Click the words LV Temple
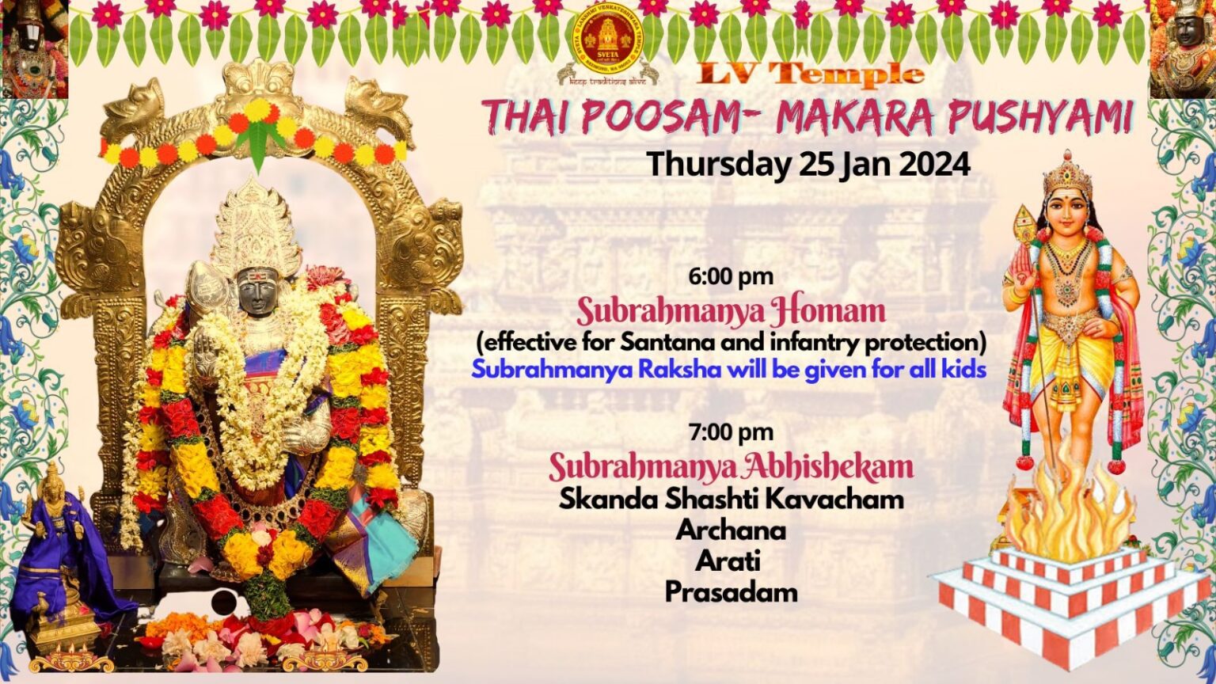click(811, 75)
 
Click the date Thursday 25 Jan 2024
click(808, 164)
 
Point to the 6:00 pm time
click(731, 277)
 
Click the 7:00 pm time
click(731, 432)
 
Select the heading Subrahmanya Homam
click(731, 311)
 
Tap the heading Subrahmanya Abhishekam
click(731, 467)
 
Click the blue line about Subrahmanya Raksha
click(728, 370)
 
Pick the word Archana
click(731, 530)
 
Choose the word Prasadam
click(731, 592)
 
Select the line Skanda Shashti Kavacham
click(731, 499)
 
